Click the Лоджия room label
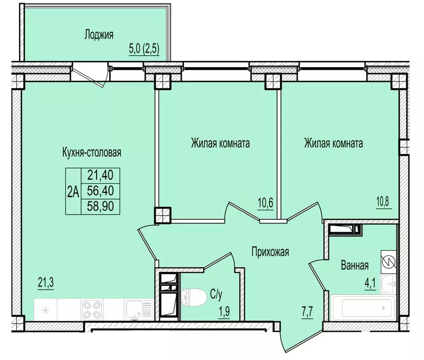click(x=98, y=34)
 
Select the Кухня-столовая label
click(x=92, y=152)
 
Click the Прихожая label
click(x=270, y=252)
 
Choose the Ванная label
click(x=355, y=265)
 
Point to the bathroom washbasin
click(x=388, y=282)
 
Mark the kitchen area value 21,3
click(x=46, y=282)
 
